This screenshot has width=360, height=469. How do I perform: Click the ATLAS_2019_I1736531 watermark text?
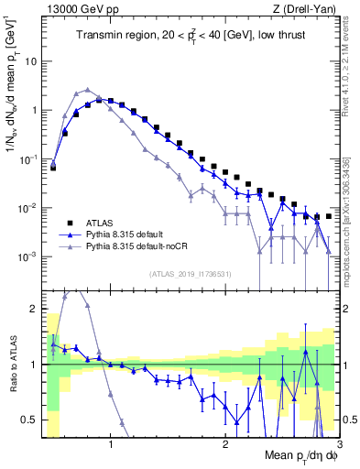[191, 274]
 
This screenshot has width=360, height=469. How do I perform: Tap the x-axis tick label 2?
[225, 444]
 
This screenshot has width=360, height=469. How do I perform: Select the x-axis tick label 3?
[339, 444]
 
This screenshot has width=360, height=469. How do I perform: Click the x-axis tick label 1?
[111, 444]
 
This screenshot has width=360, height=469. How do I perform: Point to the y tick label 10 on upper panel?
[30, 61]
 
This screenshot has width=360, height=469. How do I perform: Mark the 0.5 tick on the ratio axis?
[29, 420]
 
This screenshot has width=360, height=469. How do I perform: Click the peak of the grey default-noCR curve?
[87, 90]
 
